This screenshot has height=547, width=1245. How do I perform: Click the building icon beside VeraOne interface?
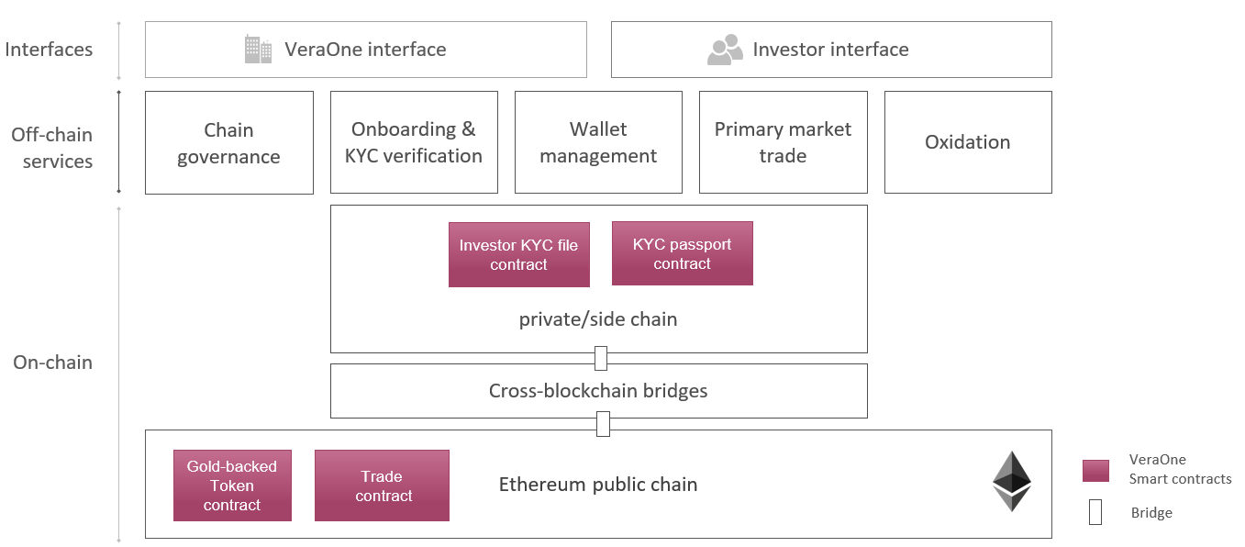point(258,50)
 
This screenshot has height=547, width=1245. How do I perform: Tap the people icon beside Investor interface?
point(725,50)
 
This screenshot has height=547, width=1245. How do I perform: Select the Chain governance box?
point(228,142)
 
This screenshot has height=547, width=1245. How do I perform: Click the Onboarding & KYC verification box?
point(414,142)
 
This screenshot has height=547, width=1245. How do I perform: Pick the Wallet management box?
point(598,142)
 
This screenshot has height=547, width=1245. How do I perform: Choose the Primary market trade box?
point(783,142)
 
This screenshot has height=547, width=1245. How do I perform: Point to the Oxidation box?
point(967,142)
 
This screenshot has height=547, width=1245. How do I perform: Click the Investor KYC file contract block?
point(518,254)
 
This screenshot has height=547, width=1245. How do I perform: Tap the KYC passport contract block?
point(682,253)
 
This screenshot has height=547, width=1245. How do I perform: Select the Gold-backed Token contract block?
point(232,486)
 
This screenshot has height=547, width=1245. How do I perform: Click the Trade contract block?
point(382,486)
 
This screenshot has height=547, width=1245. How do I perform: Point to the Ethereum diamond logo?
point(1012,481)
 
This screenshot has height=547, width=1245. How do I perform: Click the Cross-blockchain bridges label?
point(598,391)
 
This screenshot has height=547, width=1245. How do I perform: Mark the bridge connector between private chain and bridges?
point(601,358)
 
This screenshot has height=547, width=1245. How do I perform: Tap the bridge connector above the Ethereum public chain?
point(603,424)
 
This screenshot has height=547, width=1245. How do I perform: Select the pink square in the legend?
point(1095,470)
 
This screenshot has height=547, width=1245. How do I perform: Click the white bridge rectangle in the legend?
point(1095,513)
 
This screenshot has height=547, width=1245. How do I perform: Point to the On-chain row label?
point(52,363)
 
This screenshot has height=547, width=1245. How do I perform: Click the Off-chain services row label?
point(51,148)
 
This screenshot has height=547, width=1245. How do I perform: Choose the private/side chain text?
point(598,319)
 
